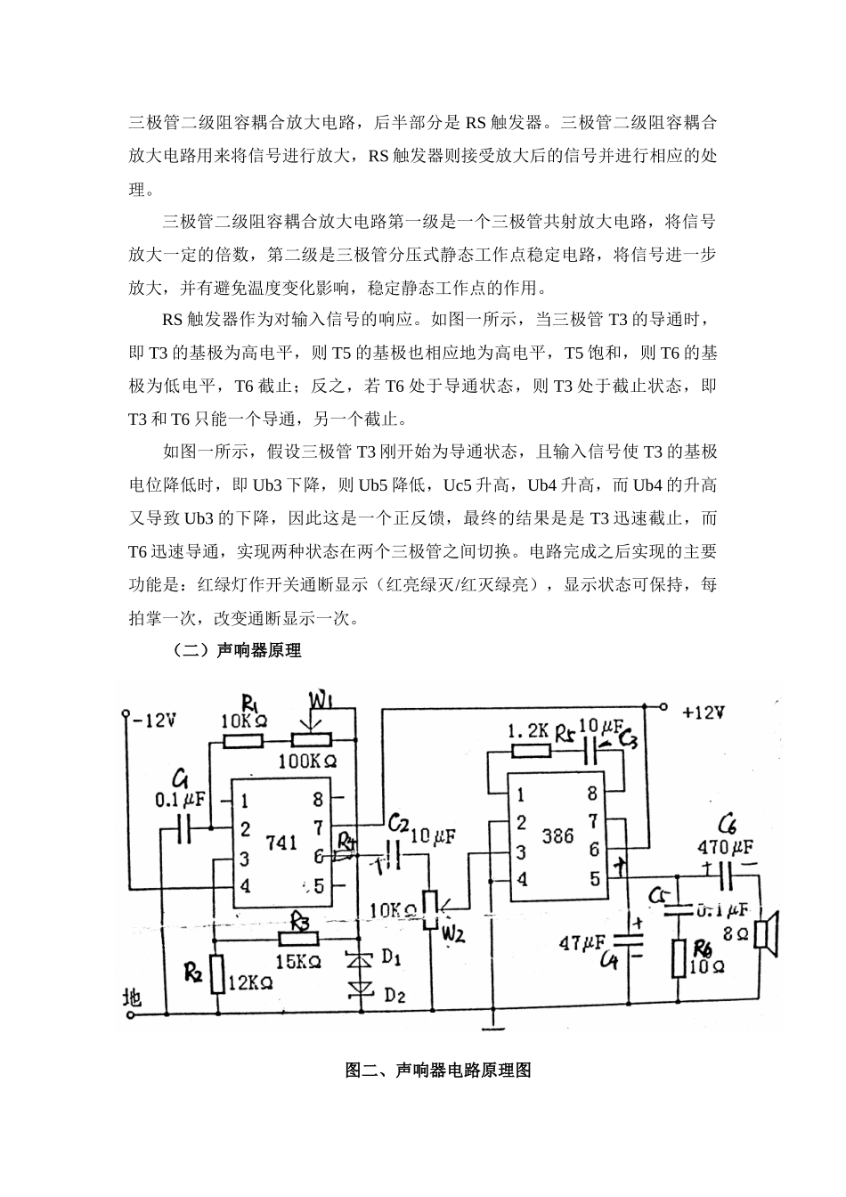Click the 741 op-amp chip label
281,842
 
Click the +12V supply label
703,712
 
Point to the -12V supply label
154,720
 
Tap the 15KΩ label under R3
297,961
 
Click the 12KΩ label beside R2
252,983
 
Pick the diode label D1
392,958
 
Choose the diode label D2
394,996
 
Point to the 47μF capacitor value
582,941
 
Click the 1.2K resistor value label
528,730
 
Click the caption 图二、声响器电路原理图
438,1071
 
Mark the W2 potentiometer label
453,934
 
